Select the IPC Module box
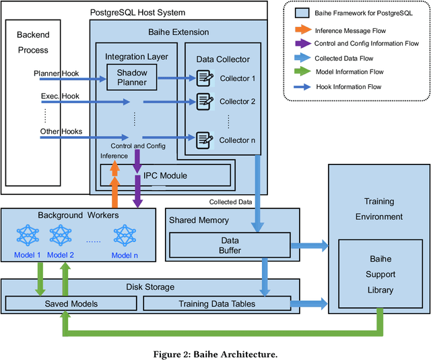click(165, 175)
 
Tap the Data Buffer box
click(230, 245)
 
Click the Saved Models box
click(71, 304)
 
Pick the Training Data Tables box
click(217, 304)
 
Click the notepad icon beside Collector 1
click(204, 79)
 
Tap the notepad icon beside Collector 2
click(204, 102)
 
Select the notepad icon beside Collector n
click(204, 139)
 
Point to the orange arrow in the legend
click(302, 30)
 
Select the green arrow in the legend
click(302, 71)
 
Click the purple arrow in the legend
click(302, 44)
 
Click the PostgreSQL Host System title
click(137, 12)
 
